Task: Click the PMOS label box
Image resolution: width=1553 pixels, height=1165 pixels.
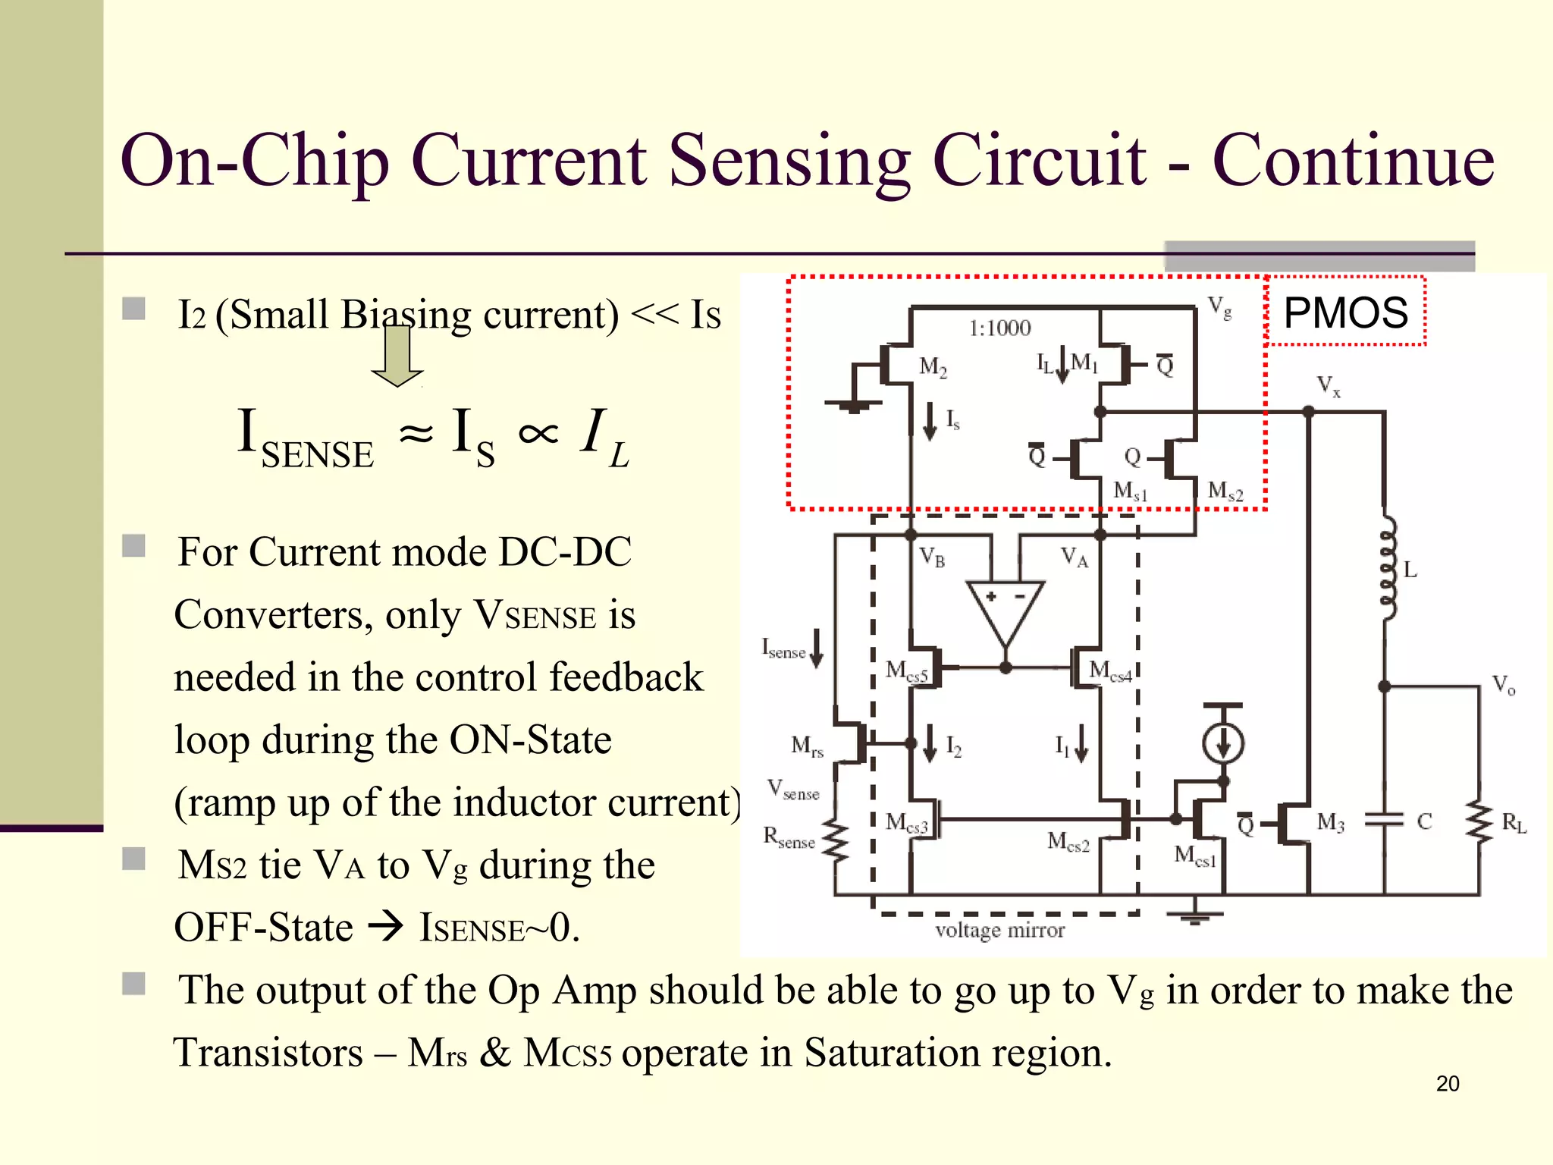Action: click(x=1345, y=312)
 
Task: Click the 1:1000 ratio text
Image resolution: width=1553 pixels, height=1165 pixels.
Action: click(x=999, y=328)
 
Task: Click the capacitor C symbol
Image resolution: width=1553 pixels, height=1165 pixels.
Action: click(x=1385, y=821)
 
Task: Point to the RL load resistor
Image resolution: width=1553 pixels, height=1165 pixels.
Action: click(x=1479, y=822)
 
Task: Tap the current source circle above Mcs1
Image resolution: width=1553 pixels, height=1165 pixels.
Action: click(x=1223, y=743)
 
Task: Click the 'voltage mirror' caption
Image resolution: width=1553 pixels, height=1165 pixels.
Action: click(x=999, y=930)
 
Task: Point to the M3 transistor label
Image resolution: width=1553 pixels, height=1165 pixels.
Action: click(x=1330, y=822)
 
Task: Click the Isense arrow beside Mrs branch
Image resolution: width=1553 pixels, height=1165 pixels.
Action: click(x=816, y=648)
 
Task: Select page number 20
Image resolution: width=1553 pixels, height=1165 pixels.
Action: click(x=1447, y=1084)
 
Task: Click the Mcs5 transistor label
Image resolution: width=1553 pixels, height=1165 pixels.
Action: click(x=906, y=671)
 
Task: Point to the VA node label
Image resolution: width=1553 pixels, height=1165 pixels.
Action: click(x=1074, y=557)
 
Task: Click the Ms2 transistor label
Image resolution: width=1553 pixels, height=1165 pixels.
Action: click(x=1225, y=491)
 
